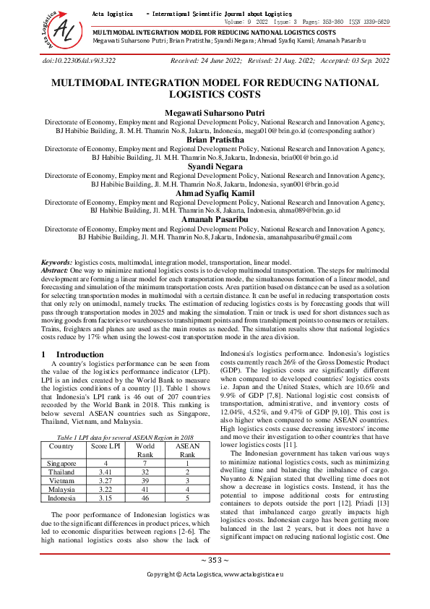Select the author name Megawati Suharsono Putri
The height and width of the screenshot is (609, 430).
click(x=215, y=113)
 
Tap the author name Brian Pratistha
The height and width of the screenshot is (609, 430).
click(x=215, y=140)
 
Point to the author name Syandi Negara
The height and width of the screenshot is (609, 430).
click(x=215, y=166)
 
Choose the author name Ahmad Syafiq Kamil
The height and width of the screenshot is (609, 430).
click(x=215, y=193)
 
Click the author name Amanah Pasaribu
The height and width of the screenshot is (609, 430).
click(x=215, y=219)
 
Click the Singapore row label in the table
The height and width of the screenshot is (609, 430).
click(x=61, y=462)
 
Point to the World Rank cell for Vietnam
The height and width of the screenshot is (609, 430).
click(x=145, y=479)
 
